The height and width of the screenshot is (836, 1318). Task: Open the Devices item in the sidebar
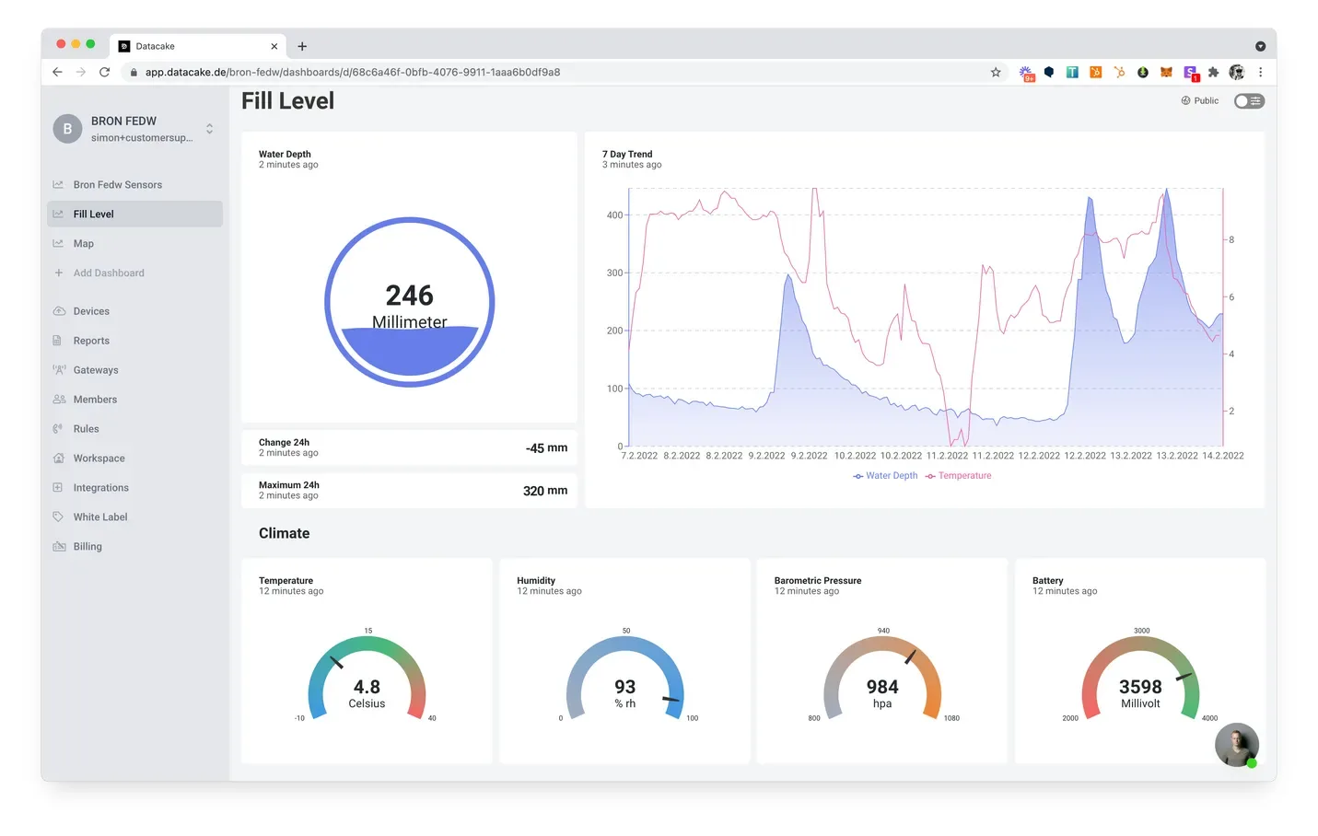pyautogui.click(x=91, y=311)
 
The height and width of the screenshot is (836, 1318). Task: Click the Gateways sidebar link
pyautogui.click(x=95, y=370)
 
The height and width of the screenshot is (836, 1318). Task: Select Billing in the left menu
pyautogui.click(x=87, y=547)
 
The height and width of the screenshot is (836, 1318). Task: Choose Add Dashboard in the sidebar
pyautogui.click(x=109, y=273)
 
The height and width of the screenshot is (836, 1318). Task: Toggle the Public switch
pyautogui.click(x=1249, y=101)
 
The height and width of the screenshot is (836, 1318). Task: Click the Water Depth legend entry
pyautogui.click(x=885, y=475)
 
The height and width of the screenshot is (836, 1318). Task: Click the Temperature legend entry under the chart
pyautogui.click(x=958, y=475)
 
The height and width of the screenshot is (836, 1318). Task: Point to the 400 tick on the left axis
pyautogui.click(x=614, y=215)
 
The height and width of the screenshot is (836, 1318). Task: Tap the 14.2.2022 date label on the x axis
pyautogui.click(x=1223, y=456)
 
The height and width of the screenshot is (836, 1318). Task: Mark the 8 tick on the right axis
pyautogui.click(x=1231, y=240)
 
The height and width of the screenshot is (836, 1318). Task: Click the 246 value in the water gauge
pyautogui.click(x=410, y=296)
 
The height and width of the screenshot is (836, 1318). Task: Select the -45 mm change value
pyautogui.click(x=546, y=447)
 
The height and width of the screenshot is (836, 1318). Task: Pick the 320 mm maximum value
pyautogui.click(x=545, y=491)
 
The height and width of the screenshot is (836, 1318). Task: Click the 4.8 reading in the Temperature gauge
pyautogui.click(x=367, y=687)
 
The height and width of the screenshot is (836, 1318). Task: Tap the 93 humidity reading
pyautogui.click(x=624, y=687)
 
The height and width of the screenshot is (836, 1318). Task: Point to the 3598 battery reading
pyautogui.click(x=1140, y=687)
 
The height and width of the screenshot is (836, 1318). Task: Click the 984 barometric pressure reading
pyautogui.click(x=882, y=687)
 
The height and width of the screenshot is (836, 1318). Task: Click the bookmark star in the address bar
pyautogui.click(x=996, y=73)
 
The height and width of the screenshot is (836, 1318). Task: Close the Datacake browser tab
pyautogui.click(x=274, y=46)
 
